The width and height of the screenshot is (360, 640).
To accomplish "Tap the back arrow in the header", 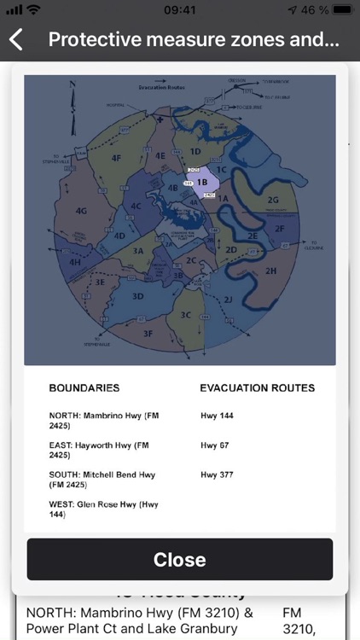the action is click(x=16, y=39).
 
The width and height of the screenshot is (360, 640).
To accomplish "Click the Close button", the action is click(x=179, y=560).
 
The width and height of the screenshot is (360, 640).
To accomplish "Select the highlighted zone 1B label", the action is click(x=202, y=181).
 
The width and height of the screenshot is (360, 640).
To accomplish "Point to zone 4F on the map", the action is click(x=118, y=158).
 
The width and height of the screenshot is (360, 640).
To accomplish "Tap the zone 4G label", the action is click(x=82, y=210).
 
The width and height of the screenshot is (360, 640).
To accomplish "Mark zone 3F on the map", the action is click(x=146, y=334).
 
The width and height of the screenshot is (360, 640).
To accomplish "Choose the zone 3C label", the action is click(x=185, y=315).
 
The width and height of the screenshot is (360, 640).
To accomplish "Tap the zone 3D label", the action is click(x=138, y=296).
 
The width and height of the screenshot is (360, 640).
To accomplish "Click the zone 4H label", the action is click(x=75, y=263).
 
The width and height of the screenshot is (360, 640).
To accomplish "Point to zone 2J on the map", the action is click(x=228, y=300).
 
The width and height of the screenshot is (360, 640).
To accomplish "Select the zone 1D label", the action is click(x=195, y=151).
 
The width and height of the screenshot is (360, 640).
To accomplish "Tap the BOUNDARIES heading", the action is click(x=84, y=388).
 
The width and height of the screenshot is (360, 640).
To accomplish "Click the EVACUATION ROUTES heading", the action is click(x=257, y=388).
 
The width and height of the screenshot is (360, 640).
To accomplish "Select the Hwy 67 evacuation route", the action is click(x=216, y=445).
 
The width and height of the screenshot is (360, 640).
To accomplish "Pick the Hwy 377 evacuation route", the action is click(x=218, y=474).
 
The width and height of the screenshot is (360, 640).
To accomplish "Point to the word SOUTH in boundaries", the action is click(x=64, y=474).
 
